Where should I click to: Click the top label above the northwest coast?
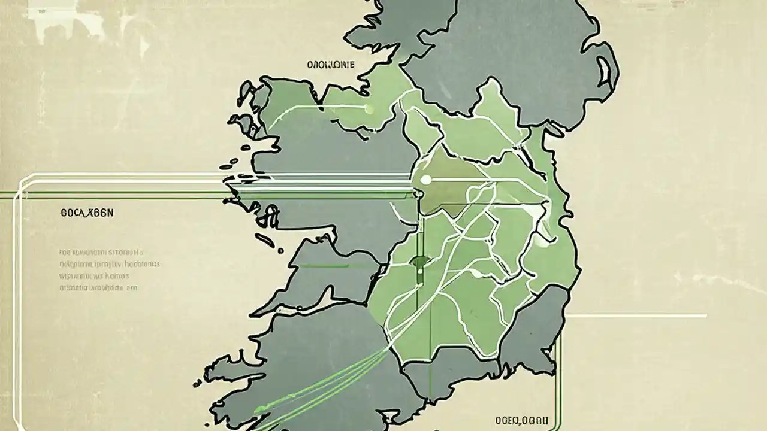click(330, 65)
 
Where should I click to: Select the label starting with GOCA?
click(87, 213)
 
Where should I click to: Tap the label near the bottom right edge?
click(521, 420)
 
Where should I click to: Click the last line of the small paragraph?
click(99, 288)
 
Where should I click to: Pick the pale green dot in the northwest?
click(368, 108)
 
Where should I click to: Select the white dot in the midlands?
click(426, 180)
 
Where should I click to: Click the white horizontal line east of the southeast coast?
click(635, 315)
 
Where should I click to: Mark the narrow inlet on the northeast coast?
click(606, 77)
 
